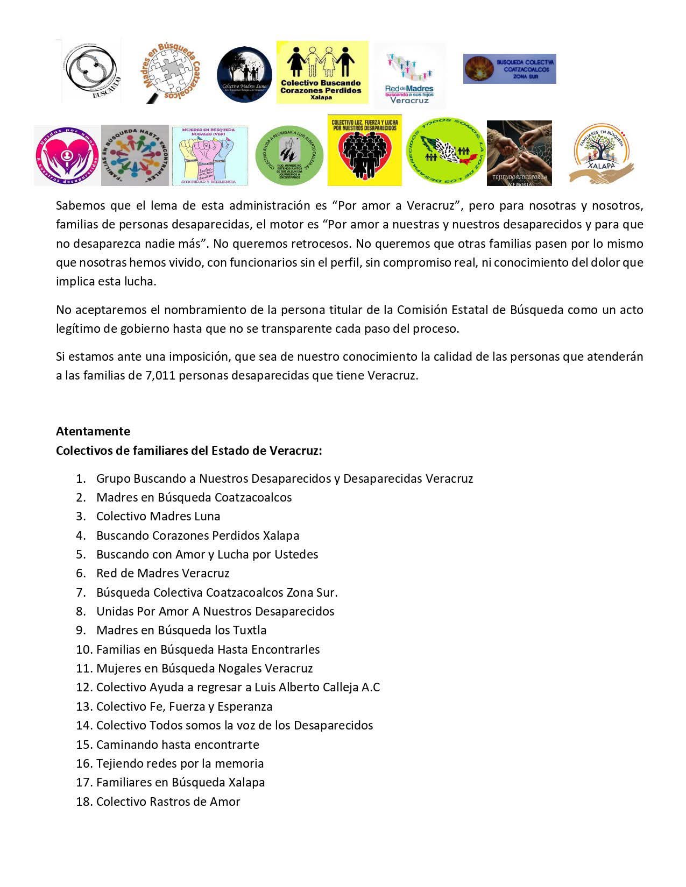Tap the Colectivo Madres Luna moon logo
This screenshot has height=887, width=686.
click(245, 74)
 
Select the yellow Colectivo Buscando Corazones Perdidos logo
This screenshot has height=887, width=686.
click(322, 73)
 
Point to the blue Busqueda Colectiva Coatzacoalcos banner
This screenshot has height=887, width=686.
click(509, 69)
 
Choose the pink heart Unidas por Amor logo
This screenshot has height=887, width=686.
click(67, 155)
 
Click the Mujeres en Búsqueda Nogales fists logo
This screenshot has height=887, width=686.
click(210, 156)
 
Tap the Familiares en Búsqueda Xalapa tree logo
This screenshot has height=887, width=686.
click(602, 154)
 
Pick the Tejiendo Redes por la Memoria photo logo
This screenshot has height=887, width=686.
click(519, 153)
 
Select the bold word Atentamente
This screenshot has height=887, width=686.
click(93, 431)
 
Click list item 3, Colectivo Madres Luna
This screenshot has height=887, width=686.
click(158, 517)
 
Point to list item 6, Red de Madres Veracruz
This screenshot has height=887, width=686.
click(162, 574)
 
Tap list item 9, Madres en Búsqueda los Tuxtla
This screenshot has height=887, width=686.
click(181, 631)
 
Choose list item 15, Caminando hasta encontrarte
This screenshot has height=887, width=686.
click(178, 745)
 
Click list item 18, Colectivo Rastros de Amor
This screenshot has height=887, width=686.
click(168, 802)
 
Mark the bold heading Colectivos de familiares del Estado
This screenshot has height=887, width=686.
click(189, 450)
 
